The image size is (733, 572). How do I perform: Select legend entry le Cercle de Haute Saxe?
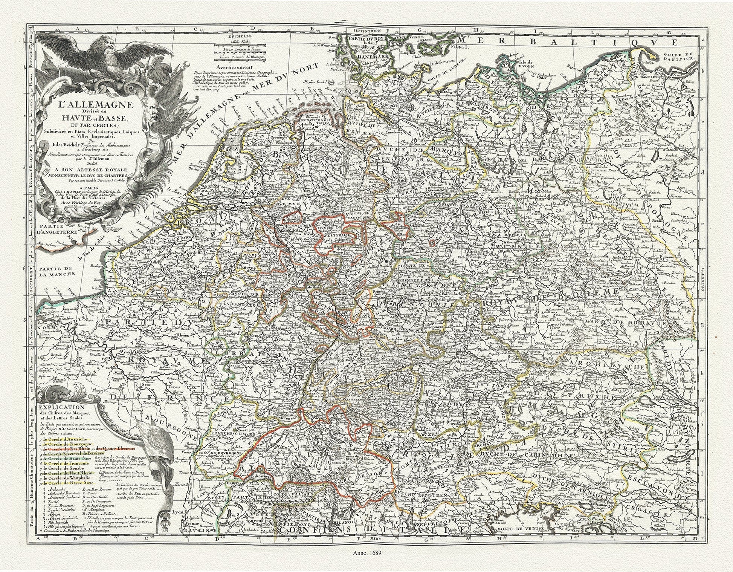[63, 459]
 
